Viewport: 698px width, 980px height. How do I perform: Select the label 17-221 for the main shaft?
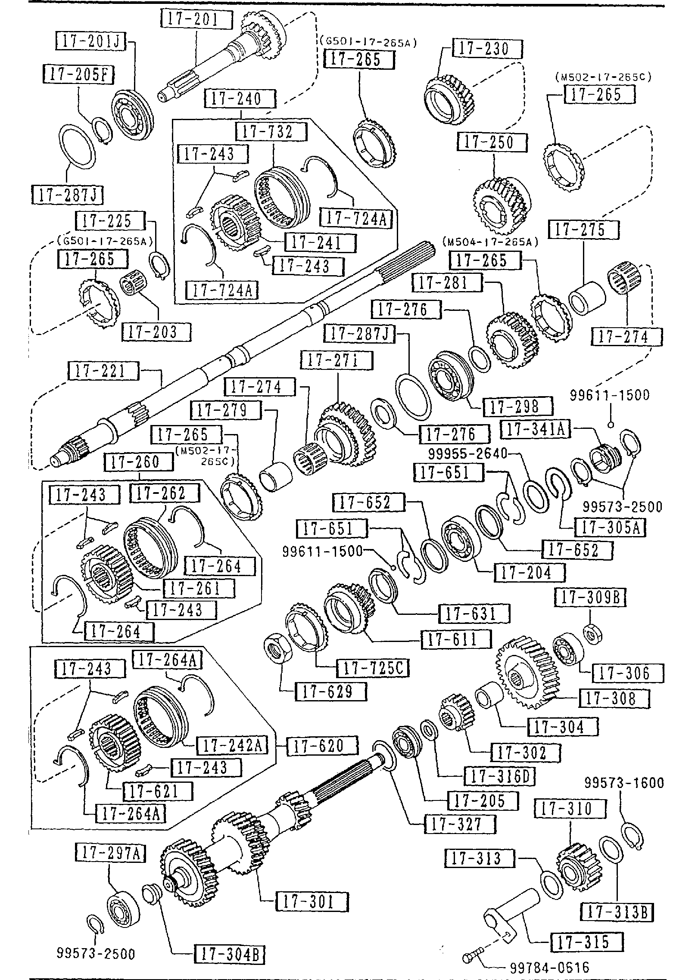[104, 371]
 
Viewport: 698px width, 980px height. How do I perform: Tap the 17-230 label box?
[487, 49]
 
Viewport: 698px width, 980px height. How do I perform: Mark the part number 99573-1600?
[624, 782]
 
